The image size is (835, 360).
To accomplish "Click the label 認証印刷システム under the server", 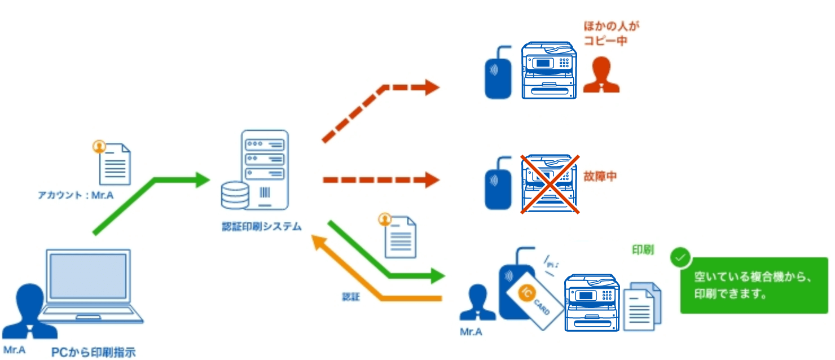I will point(262,227).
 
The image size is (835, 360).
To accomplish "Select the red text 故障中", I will point(600,176).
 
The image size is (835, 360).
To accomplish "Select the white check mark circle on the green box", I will point(680,257).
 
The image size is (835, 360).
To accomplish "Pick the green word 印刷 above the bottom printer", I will point(643,250).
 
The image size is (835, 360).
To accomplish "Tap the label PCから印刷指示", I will point(93,352).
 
